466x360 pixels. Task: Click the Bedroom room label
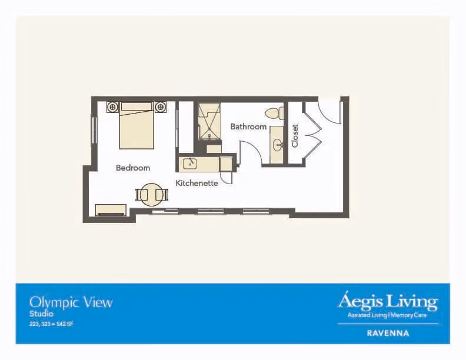click(133, 168)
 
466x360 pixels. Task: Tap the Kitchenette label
click(197, 183)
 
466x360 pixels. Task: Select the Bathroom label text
click(248, 127)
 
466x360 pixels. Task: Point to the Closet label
click(295, 136)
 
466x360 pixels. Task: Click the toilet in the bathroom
click(274, 113)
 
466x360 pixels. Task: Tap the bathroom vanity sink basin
click(278, 145)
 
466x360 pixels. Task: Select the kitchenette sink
click(190, 164)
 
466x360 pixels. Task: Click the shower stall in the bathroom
click(209, 122)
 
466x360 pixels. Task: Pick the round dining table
click(152, 195)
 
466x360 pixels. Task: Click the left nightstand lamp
click(112, 106)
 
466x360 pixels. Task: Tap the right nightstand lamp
click(161, 106)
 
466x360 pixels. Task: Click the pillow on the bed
click(137, 106)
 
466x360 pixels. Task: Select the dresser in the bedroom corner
click(111, 209)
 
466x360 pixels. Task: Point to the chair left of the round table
click(141, 195)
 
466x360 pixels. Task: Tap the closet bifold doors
click(312, 133)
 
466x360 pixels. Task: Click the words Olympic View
click(71, 303)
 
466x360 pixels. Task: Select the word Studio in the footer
click(41, 314)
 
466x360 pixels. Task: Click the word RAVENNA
click(388, 333)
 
